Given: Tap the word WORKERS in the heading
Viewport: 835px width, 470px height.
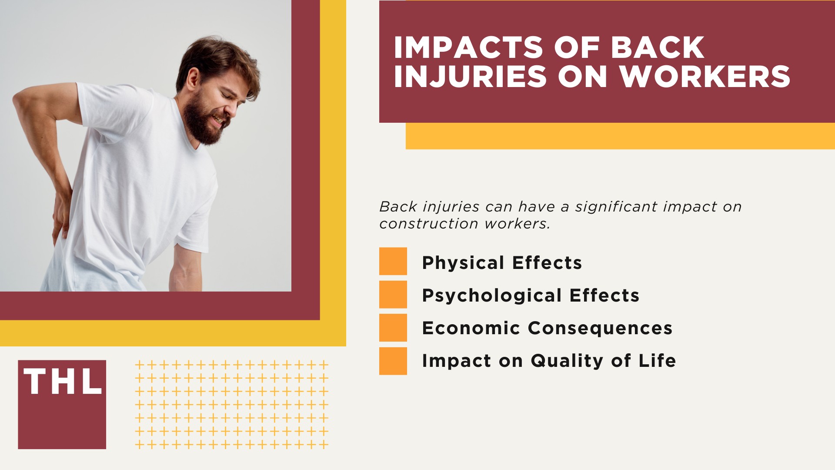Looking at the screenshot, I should coord(705,77).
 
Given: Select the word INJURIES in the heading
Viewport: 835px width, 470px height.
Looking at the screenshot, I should coord(470,77).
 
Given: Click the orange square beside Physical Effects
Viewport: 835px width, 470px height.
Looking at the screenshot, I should coord(393,261).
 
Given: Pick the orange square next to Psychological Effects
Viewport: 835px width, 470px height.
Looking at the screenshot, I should coord(393,294).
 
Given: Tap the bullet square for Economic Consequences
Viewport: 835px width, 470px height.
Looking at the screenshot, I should coord(393,327).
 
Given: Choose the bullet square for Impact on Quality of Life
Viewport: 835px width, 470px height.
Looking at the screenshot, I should coord(393,361).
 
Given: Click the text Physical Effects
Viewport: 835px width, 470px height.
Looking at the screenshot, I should coord(501,263).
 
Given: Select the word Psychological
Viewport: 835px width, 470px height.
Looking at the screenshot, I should coord(492,296).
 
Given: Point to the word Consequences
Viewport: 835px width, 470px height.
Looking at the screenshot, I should coord(600,328).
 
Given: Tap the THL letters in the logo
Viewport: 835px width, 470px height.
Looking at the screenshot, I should coord(62,382).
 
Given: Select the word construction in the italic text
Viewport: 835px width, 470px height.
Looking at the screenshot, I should coord(428,224).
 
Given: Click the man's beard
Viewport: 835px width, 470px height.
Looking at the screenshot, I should coord(200,124).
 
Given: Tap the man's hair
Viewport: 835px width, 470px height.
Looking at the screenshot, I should coord(217,57).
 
